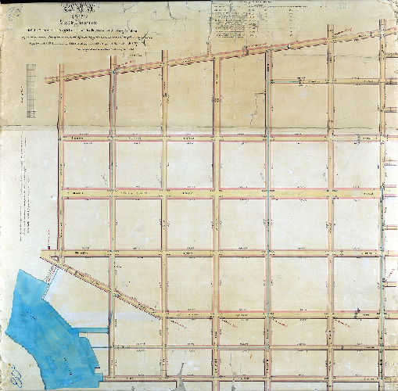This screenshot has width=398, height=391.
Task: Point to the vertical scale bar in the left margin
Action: [31, 91]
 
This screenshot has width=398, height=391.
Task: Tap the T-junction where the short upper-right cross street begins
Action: [269, 81]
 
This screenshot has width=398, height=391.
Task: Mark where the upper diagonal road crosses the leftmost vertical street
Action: [60, 77]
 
